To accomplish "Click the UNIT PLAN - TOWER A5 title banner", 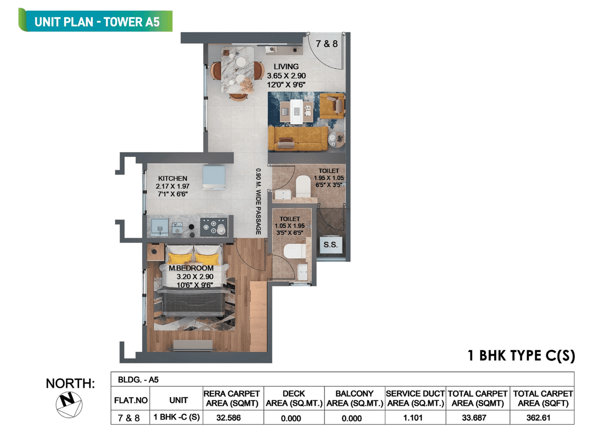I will tap(97, 21).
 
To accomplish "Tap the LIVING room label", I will tap(286, 67).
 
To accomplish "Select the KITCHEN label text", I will tap(173, 179).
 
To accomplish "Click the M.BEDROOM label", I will tap(191, 268).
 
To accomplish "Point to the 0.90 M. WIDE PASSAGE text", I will tap(259, 203).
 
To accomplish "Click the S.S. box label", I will tap(330, 245).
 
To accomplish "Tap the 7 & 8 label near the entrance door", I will tap(327, 44).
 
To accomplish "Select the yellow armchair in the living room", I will tap(332, 105).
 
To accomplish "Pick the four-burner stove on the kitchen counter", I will tap(214, 227).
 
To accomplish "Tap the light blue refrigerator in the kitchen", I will tap(214, 178).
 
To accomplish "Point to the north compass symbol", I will tap(69, 404).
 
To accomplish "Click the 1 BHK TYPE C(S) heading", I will tap(521, 356).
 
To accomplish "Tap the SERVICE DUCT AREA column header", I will tap(415, 398).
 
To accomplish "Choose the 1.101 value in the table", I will tap(415, 418).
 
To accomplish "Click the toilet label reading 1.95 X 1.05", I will tap(329, 178).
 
